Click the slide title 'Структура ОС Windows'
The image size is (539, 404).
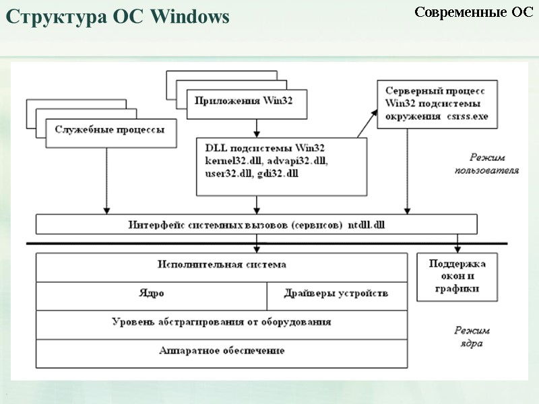118,18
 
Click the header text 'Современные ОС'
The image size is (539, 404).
473,12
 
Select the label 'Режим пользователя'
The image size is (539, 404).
485,164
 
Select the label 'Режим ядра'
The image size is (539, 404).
471,337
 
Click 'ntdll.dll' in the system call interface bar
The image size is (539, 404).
373,224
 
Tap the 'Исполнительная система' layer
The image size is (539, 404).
222,265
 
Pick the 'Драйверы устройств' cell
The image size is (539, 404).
336,294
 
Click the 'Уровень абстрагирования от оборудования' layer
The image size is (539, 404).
222,323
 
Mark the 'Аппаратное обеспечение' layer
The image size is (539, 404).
222,351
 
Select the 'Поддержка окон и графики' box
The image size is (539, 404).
457,276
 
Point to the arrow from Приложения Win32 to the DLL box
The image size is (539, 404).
256,128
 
